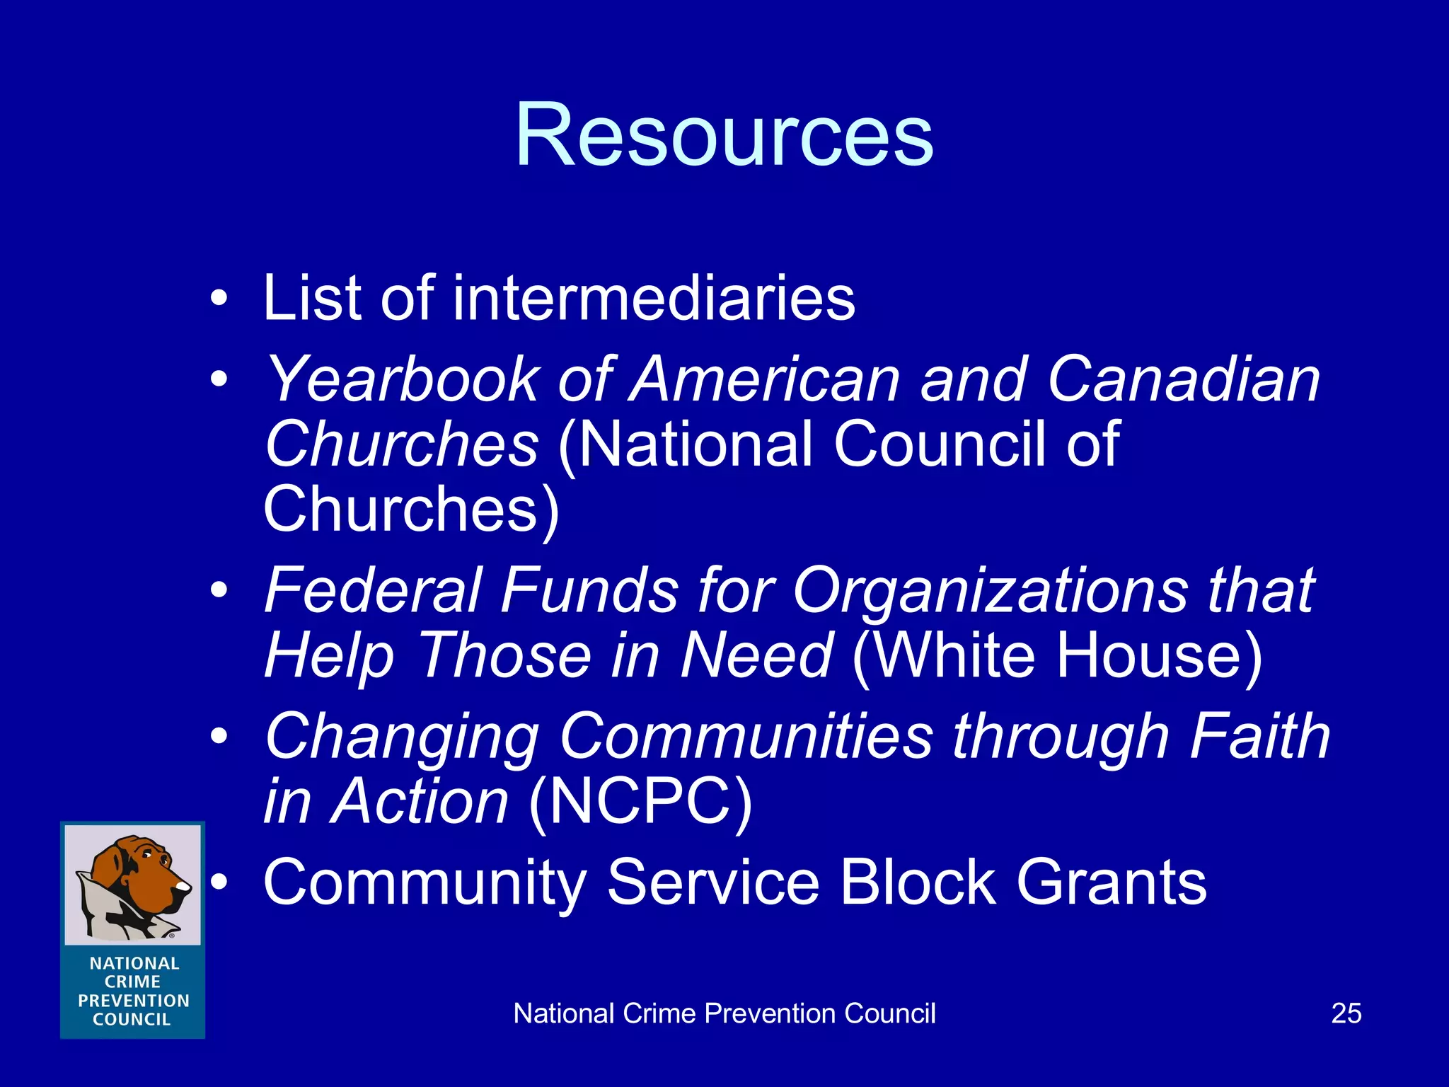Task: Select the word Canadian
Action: click(x=1184, y=380)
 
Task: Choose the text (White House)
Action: click(x=1057, y=655)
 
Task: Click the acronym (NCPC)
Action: click(x=640, y=802)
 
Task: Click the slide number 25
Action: click(x=1346, y=1013)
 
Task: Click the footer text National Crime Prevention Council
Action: click(x=724, y=1013)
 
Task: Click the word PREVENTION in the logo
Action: click(x=134, y=1001)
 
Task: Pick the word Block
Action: click(x=918, y=882)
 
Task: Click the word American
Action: click(x=764, y=380)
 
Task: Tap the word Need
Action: click(x=755, y=655)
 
